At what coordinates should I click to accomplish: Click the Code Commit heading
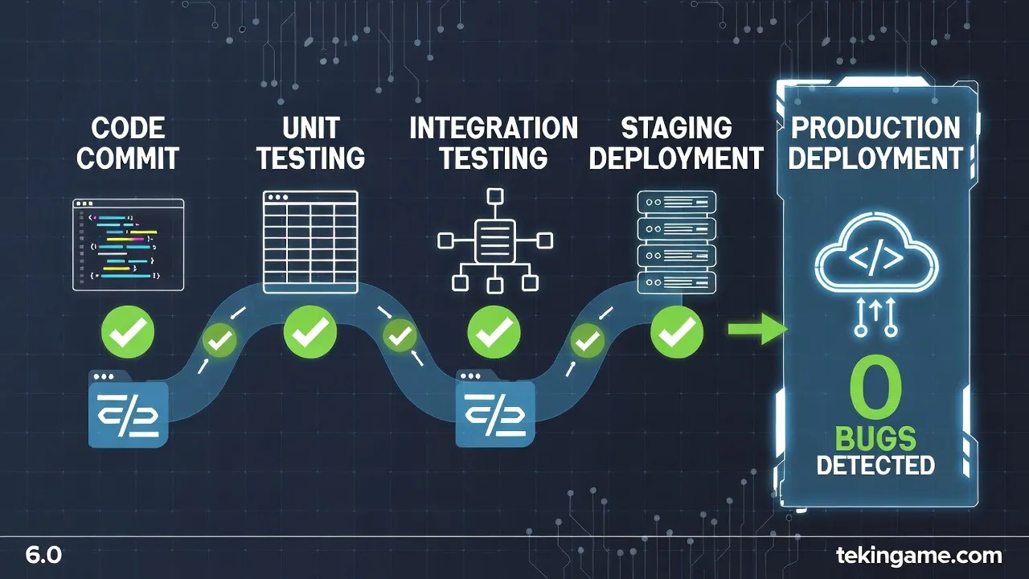coord(127,142)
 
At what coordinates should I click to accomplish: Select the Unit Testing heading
coord(311,142)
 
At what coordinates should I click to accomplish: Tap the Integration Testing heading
coord(493,142)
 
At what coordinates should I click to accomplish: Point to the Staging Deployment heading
coord(675,142)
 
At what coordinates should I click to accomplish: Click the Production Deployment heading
coord(875,142)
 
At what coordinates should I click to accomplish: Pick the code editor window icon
coord(129,244)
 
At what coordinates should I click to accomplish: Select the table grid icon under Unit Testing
coord(310,241)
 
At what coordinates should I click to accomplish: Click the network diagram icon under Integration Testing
coord(494,240)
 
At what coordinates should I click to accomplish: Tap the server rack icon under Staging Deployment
coord(675,241)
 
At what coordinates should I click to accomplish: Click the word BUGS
coord(875,439)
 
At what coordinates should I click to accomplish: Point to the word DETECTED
coord(875,465)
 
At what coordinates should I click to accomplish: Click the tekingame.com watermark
coord(919,555)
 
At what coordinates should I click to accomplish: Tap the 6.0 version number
coord(43,555)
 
